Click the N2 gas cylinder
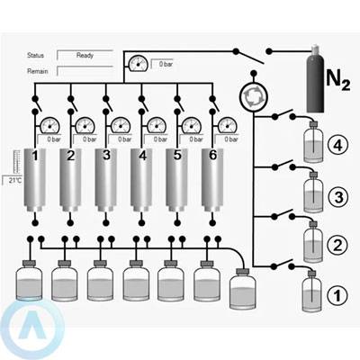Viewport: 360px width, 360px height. coord(315,79)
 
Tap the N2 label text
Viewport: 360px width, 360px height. coord(337,80)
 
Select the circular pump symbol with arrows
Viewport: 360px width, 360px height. coord(253,96)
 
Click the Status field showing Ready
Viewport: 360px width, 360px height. coord(85,55)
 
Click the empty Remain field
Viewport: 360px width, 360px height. coord(85,71)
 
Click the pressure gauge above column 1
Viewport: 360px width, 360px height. coord(49,125)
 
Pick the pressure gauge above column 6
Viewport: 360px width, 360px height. coord(228,125)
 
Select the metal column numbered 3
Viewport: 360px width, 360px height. coord(106,181)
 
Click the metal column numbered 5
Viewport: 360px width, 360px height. coord(177,181)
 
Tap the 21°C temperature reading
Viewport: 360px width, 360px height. coord(13,180)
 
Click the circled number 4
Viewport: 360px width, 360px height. coord(337,146)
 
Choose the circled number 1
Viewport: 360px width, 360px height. coord(337,295)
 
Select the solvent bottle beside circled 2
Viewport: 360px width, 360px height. coord(313,242)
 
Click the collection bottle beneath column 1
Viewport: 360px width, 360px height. coord(29,280)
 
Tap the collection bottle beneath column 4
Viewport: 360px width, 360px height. coord(136,280)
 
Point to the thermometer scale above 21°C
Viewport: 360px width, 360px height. coord(17,163)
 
